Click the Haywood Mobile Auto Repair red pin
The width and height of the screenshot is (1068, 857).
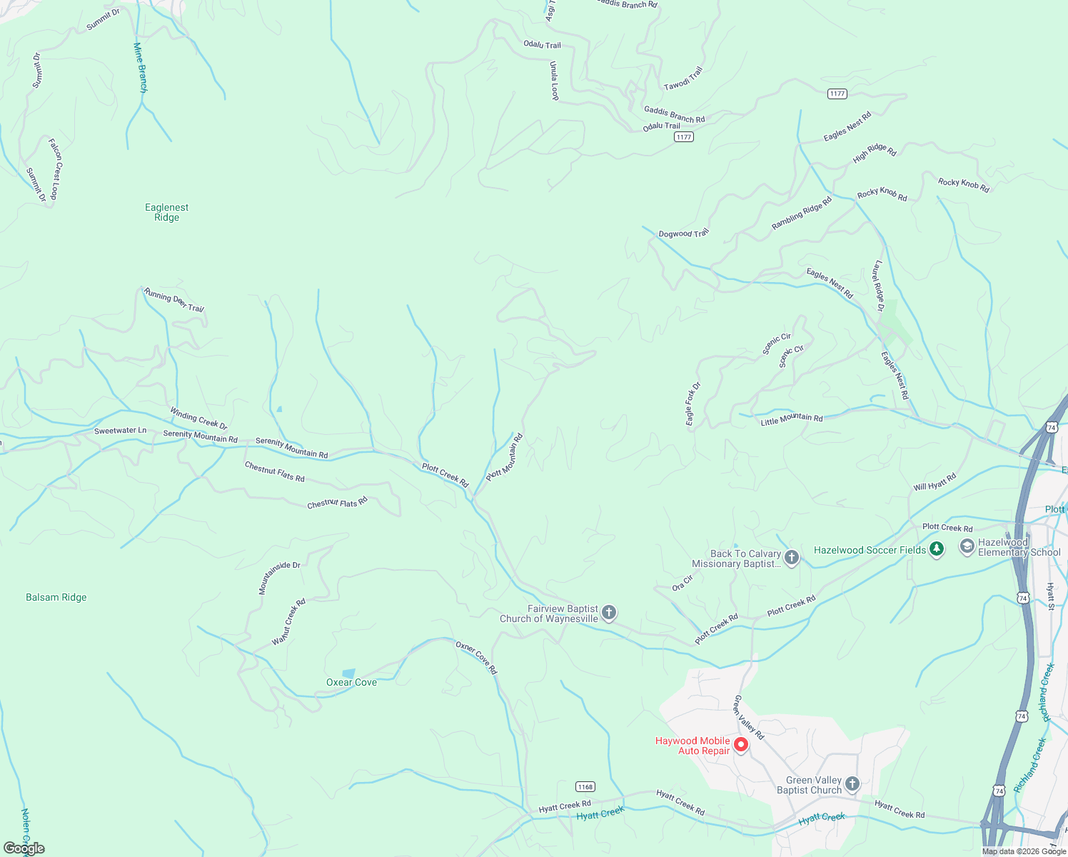741,745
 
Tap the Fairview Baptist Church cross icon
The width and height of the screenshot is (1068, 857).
609,613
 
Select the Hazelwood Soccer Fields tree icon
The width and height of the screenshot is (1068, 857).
937,549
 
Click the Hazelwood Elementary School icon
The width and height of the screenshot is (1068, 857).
967,547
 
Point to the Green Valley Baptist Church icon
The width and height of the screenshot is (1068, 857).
852,785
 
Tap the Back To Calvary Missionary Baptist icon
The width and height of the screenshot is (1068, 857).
791,558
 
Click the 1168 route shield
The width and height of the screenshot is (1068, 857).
585,786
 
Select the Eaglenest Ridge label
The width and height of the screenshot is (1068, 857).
166,212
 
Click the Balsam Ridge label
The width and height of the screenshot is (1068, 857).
56,597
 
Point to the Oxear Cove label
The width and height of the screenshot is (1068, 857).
351,682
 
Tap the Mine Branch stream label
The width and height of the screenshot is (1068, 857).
140,68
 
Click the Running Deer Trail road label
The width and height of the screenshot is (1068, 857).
174,300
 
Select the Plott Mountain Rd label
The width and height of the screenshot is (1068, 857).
505,457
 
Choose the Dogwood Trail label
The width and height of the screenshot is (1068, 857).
683,234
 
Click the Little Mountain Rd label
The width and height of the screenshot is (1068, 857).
791,419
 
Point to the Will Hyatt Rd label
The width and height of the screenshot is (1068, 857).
934,482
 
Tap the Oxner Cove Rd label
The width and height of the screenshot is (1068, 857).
476,657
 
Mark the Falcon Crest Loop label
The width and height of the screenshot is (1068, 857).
54,169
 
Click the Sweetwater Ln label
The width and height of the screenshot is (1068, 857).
120,431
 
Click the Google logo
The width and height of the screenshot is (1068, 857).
24,848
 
